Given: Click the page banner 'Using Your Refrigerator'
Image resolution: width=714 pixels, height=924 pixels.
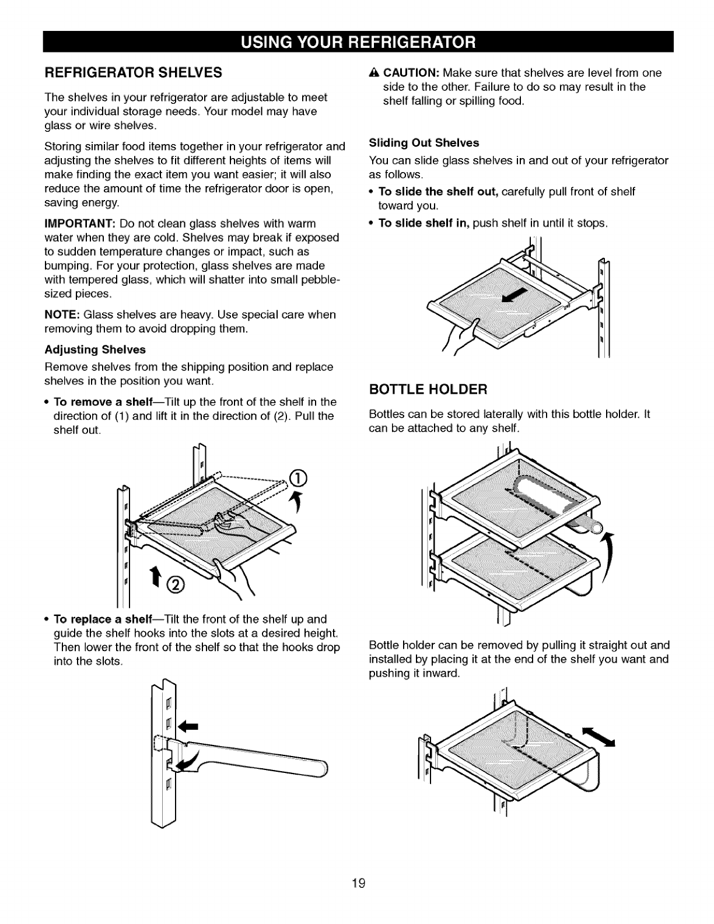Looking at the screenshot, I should pos(356,43).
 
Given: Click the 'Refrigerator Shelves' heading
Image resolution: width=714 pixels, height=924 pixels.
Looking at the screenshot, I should pos(133,73).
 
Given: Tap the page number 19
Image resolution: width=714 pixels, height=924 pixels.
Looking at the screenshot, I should pos(358,883).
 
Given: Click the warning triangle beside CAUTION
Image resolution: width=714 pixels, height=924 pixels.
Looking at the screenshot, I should pos(373,73).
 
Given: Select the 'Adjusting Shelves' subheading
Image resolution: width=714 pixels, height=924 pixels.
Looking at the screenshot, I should pos(94,350).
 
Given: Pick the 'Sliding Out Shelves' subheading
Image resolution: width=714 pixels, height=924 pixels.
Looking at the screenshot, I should pos(424,143).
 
